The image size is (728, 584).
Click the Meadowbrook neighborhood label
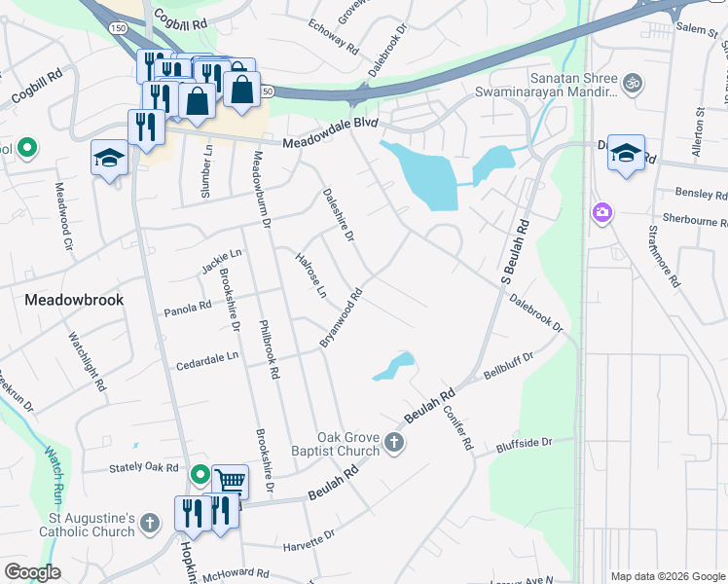[x=74, y=300]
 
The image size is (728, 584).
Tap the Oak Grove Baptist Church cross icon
[x=394, y=444]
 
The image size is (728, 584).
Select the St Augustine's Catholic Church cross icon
[x=149, y=524]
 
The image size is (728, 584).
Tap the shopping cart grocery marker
[x=230, y=481]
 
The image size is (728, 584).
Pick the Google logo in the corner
[x=31, y=572]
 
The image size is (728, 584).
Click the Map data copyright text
[x=668, y=576]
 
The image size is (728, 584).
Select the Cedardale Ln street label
[x=206, y=361]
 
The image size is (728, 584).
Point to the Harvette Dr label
[x=309, y=539]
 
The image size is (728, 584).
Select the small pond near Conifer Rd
[x=394, y=366]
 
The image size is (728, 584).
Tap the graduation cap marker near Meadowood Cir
[x=109, y=158]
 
